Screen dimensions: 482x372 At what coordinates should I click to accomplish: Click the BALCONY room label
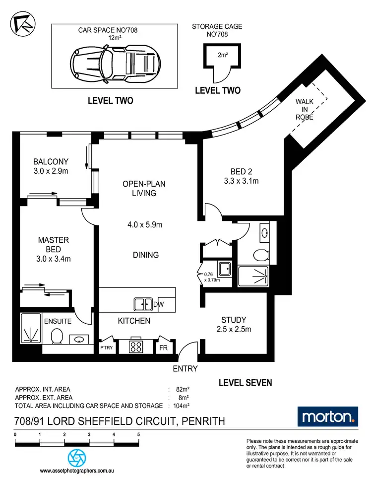pos(51,162)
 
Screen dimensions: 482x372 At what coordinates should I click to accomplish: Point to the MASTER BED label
pos(53,240)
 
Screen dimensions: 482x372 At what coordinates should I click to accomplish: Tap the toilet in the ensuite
pos(56,336)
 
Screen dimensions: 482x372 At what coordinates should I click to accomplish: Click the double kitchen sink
pos(143,304)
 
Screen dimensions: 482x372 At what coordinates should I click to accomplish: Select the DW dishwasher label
pos(159,304)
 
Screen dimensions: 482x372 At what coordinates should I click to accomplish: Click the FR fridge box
pos(163,347)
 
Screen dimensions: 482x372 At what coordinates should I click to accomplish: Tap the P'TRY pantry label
pos(107,348)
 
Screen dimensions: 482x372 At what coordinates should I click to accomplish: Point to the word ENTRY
pos(185,369)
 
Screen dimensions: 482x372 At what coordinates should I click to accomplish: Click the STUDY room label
pos(234,320)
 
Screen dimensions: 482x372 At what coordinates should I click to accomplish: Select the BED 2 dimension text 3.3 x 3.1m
pos(241,181)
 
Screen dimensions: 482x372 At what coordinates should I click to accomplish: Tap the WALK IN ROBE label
pos(304,110)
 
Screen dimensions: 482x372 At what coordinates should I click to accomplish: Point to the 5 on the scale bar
pos(138,434)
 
